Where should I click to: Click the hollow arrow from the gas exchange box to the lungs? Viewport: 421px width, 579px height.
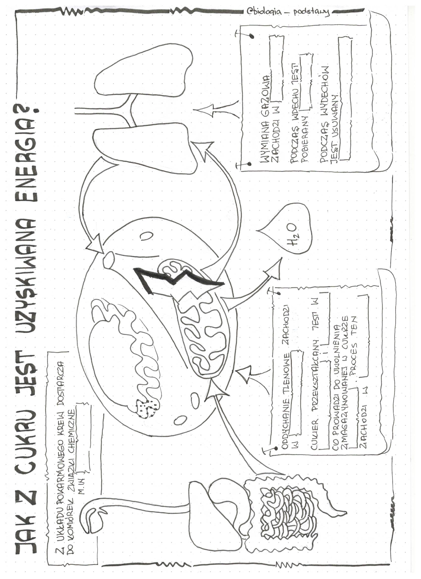pyautogui.click(x=216, y=110)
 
